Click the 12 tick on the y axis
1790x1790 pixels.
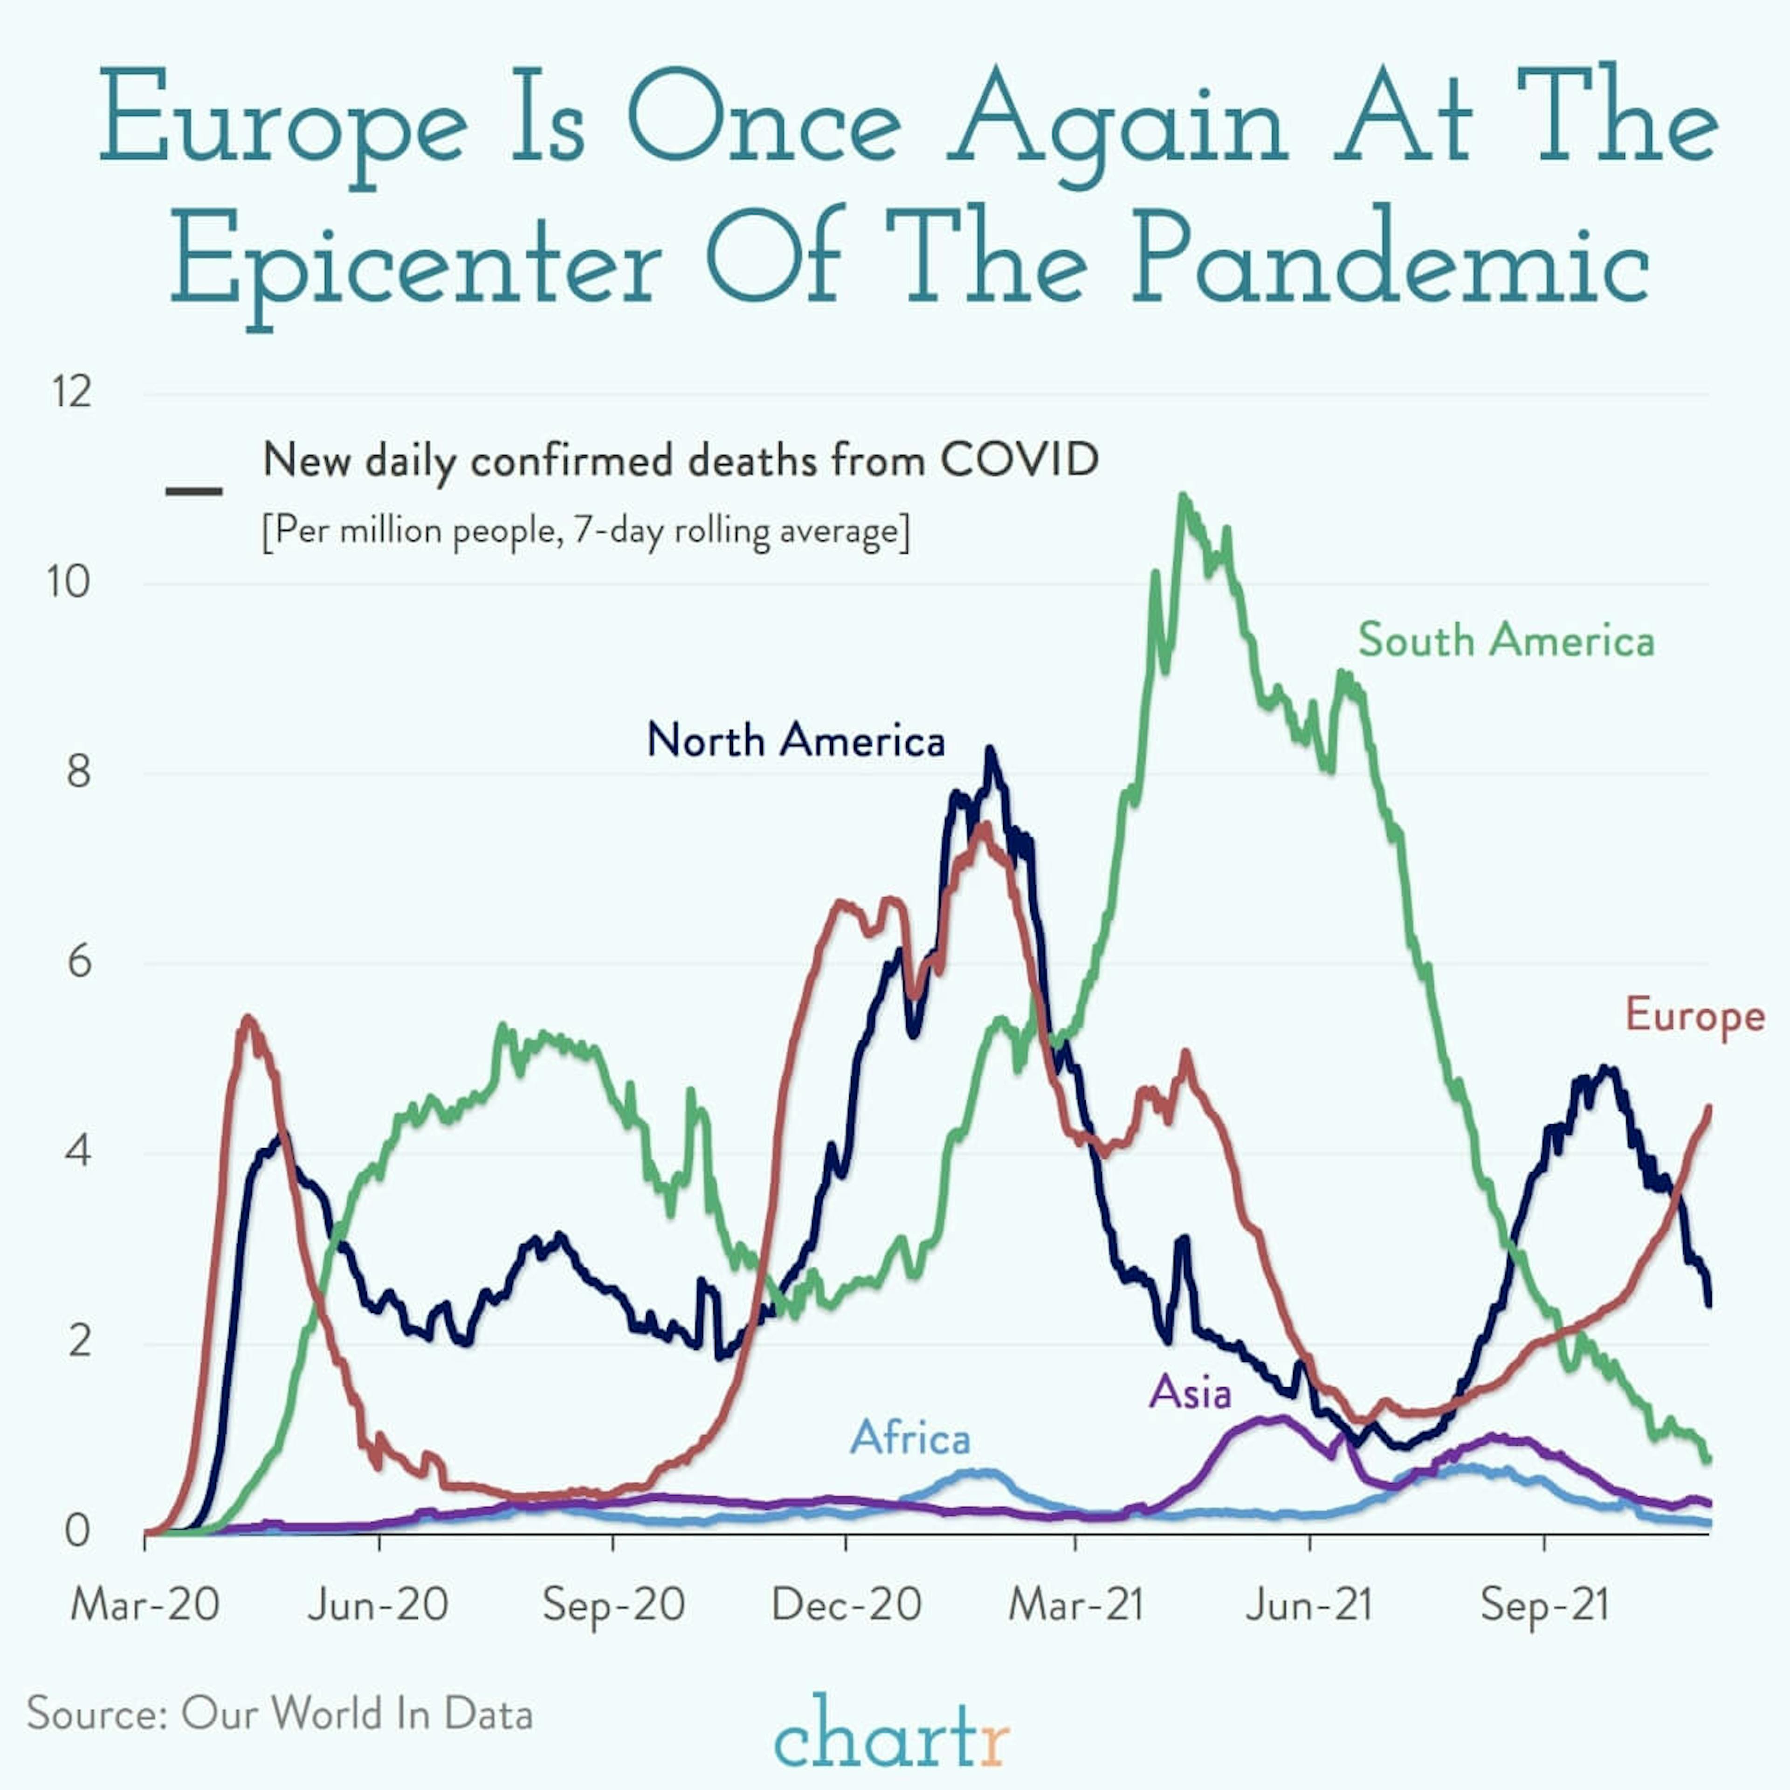point(71,393)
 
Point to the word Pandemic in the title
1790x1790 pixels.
point(1390,258)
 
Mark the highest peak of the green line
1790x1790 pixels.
point(1182,497)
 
